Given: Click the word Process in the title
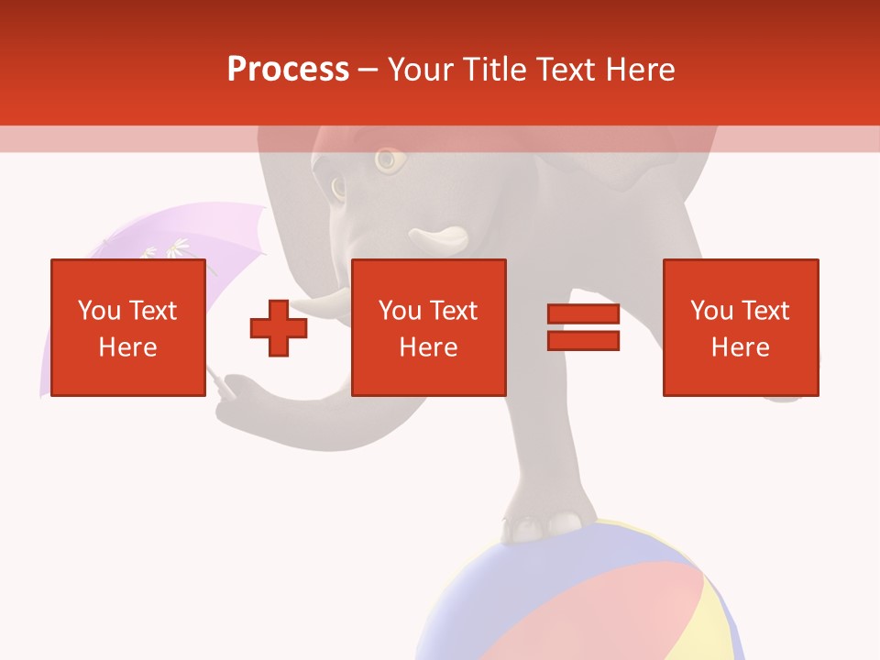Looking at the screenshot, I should (x=288, y=70).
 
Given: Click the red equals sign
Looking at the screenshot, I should (x=584, y=328).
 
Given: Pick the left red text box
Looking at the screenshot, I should (x=128, y=327).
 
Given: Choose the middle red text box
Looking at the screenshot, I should (x=429, y=327).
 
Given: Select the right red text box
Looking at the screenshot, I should (x=741, y=327).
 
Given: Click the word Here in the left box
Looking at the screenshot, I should (x=128, y=347).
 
